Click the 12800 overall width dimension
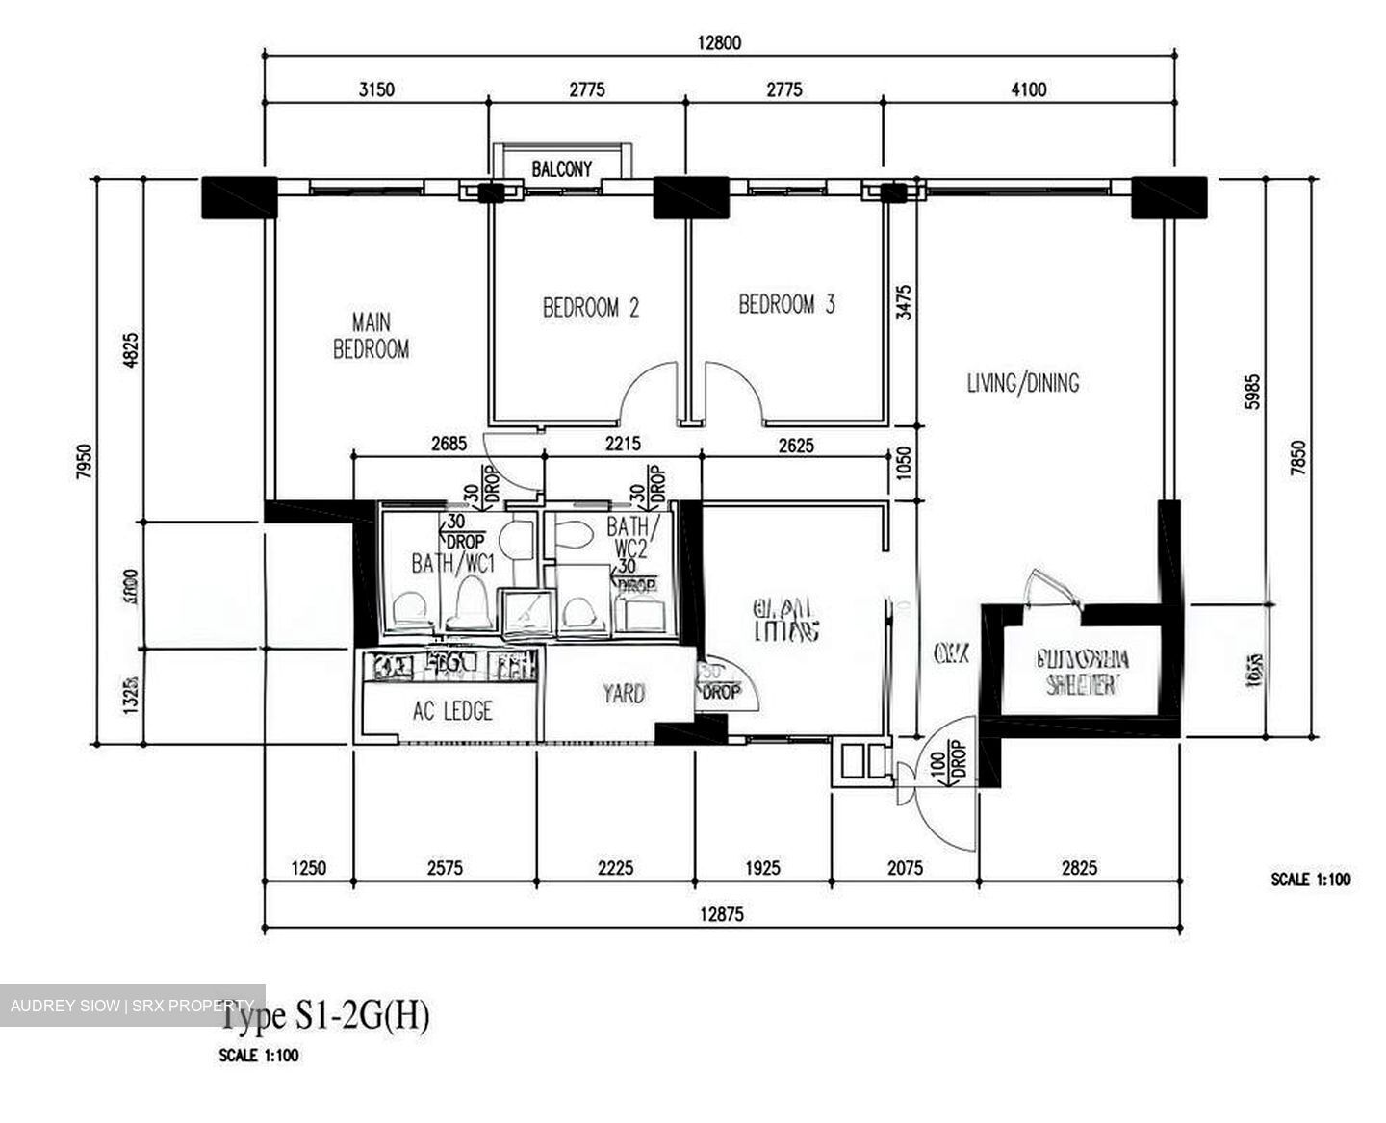[719, 42]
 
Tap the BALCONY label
[562, 169]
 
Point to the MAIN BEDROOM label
[371, 336]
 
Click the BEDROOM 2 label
[590, 308]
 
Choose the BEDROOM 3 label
[786, 305]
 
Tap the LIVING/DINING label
[1022, 383]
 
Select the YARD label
[623, 694]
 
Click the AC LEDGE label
[452, 711]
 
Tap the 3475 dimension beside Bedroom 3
[903, 301]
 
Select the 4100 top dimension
[1028, 90]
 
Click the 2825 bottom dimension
[1078, 868]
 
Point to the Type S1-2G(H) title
[325, 1015]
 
